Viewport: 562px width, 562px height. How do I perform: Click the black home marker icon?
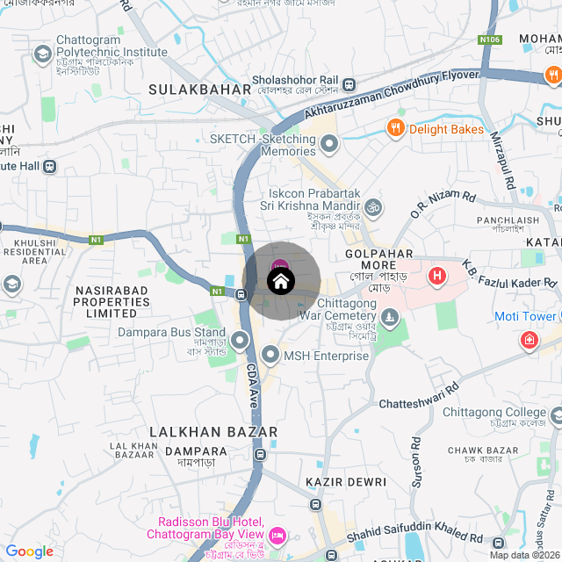click(280, 282)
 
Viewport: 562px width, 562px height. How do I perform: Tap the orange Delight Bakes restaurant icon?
click(396, 129)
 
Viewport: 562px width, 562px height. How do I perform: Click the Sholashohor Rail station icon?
click(349, 84)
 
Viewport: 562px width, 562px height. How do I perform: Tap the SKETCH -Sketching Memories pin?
click(329, 143)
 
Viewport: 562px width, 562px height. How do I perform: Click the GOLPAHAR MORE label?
click(378, 253)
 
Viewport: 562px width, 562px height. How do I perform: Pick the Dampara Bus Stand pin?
click(241, 339)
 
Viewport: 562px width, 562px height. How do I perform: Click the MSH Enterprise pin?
click(270, 356)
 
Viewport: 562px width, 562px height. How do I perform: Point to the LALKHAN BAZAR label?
click(213, 432)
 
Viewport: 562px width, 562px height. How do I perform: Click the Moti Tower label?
click(525, 316)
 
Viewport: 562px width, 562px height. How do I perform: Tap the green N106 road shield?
click(489, 40)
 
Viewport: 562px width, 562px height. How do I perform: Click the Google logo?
click(30, 551)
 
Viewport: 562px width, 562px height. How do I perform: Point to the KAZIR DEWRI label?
click(346, 482)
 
